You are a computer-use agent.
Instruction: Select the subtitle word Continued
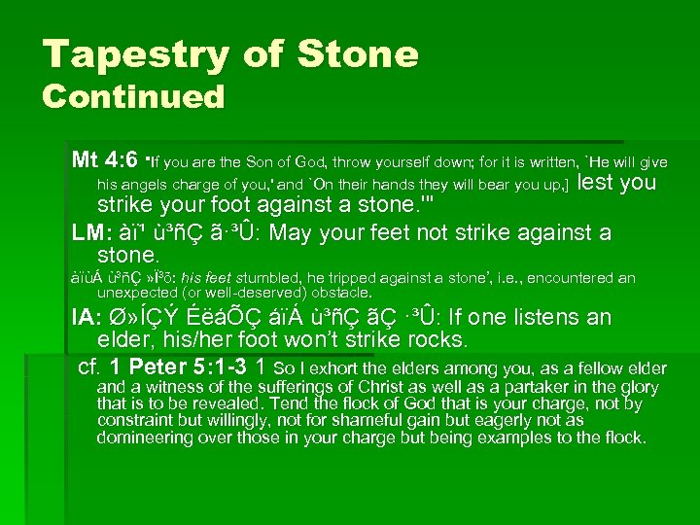click(x=133, y=97)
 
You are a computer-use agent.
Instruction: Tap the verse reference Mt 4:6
click(x=105, y=157)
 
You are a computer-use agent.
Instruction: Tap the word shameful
click(x=384, y=420)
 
